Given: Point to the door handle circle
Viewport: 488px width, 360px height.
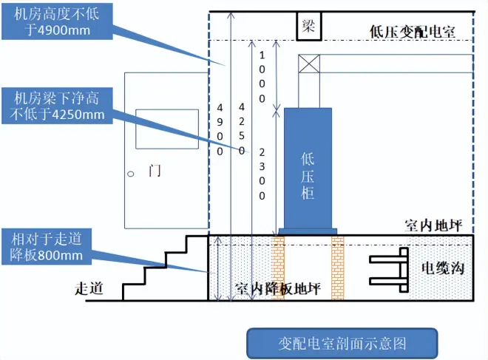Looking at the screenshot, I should [130, 174].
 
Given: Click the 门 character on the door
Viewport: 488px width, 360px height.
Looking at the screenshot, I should [154, 171].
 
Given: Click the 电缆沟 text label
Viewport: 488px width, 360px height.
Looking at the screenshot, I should [441, 268].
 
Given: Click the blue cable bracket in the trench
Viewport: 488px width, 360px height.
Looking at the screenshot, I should [389, 270].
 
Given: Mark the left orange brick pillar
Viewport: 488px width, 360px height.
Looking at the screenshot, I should [278, 268].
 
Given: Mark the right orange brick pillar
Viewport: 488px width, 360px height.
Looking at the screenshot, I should [338, 268].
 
